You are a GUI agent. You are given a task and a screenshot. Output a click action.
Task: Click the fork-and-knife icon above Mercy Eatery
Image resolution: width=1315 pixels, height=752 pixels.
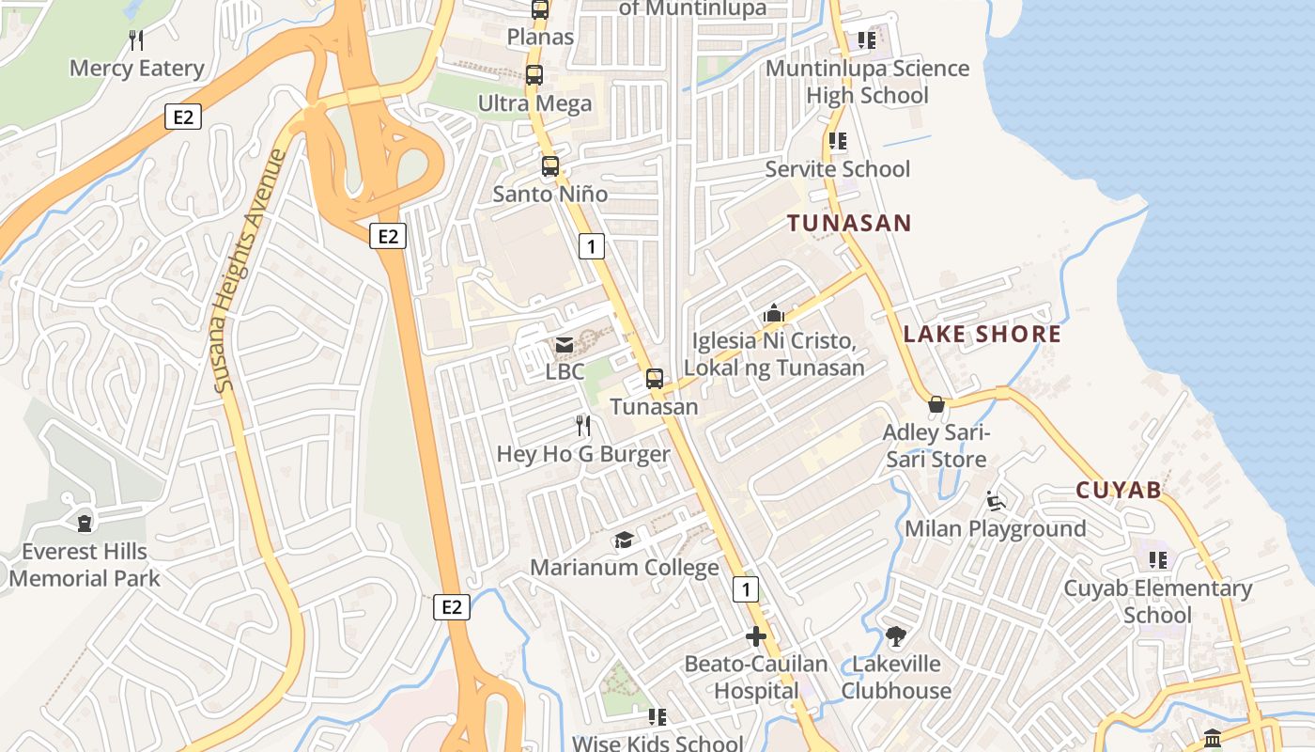(136, 39)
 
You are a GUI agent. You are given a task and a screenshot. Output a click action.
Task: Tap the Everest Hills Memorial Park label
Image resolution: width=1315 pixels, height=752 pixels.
(85, 564)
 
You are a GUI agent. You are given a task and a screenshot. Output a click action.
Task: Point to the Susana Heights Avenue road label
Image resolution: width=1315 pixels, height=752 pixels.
(248, 271)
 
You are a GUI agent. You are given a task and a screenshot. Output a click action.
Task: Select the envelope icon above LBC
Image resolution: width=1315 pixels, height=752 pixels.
(565, 345)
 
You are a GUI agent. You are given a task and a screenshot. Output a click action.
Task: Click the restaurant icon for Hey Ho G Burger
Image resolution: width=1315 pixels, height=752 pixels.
(583, 426)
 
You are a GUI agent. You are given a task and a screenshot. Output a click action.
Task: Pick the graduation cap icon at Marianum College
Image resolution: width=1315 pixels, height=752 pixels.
(624, 540)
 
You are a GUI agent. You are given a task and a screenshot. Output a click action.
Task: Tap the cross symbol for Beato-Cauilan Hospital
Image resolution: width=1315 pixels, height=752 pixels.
(756, 636)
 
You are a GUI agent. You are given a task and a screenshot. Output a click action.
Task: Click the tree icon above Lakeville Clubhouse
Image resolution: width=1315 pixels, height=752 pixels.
(896, 636)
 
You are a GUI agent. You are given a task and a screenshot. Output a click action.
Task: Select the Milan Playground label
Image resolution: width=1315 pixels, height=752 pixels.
(995, 528)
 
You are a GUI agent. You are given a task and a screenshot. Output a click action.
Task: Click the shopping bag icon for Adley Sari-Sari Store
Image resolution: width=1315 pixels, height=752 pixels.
(936, 405)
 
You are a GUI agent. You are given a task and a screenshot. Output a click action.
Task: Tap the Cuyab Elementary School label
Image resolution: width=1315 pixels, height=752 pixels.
(1157, 602)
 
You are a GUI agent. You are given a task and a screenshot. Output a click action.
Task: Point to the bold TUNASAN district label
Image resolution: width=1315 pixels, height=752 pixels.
(849, 223)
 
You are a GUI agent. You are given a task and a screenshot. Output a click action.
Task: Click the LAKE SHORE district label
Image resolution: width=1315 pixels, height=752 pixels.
(982, 334)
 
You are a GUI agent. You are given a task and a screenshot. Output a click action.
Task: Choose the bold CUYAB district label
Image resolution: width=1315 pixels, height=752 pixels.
(1118, 490)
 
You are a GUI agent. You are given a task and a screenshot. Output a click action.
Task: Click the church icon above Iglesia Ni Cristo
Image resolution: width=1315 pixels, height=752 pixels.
(774, 313)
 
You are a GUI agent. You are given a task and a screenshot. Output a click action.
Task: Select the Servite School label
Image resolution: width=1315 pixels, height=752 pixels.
(837, 169)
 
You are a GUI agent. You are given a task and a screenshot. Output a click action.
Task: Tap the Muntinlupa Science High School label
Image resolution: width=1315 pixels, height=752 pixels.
(867, 82)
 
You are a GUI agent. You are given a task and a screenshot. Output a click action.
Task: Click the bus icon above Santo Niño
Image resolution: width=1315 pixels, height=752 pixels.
(550, 166)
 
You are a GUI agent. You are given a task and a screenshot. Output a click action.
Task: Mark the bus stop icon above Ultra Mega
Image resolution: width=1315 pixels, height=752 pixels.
(534, 75)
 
